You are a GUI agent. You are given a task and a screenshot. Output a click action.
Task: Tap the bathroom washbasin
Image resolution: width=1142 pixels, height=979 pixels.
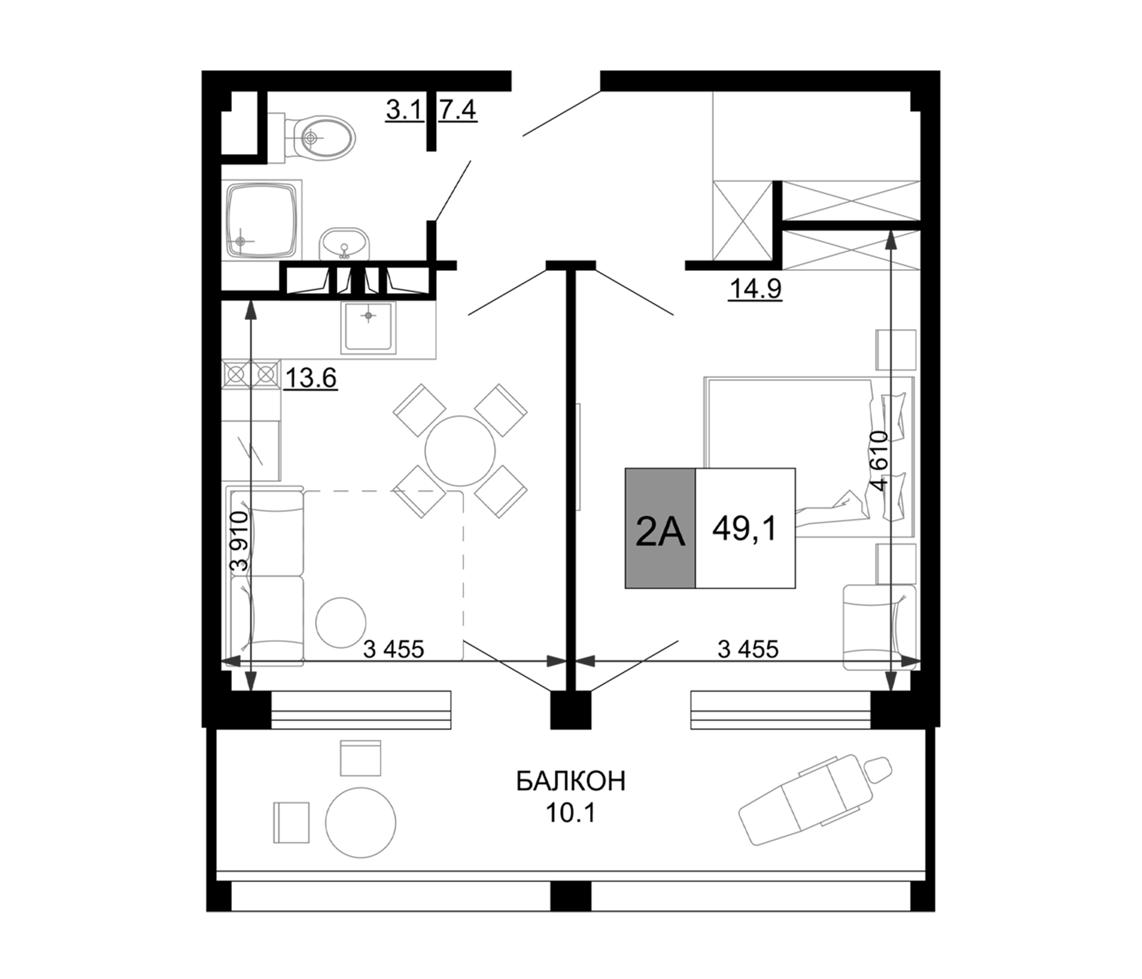pos(344,244)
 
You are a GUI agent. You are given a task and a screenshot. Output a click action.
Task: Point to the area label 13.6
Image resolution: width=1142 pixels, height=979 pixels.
pos(311,379)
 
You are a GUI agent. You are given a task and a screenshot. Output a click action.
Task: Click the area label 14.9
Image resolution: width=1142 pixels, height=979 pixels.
pos(755,288)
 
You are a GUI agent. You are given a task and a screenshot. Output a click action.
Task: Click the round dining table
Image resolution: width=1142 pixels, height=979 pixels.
pos(460,451)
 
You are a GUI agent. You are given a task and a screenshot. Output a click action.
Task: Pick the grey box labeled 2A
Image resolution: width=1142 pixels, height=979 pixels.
pos(660,528)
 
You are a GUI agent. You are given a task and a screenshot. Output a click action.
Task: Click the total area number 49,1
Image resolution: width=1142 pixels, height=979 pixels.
pos(744,528)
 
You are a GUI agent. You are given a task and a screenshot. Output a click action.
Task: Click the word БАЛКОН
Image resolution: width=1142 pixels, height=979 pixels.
pos(571,781)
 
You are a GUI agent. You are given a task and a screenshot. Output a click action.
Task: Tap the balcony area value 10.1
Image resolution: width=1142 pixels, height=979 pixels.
pos(570,813)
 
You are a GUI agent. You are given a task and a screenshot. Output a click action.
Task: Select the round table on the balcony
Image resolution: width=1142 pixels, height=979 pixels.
pos(361,822)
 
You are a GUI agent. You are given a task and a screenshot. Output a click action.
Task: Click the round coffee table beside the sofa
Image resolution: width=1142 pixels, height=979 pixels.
pos(340,622)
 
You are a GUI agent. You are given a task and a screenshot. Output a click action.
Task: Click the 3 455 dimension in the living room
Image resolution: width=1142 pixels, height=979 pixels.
pos(394,649)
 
